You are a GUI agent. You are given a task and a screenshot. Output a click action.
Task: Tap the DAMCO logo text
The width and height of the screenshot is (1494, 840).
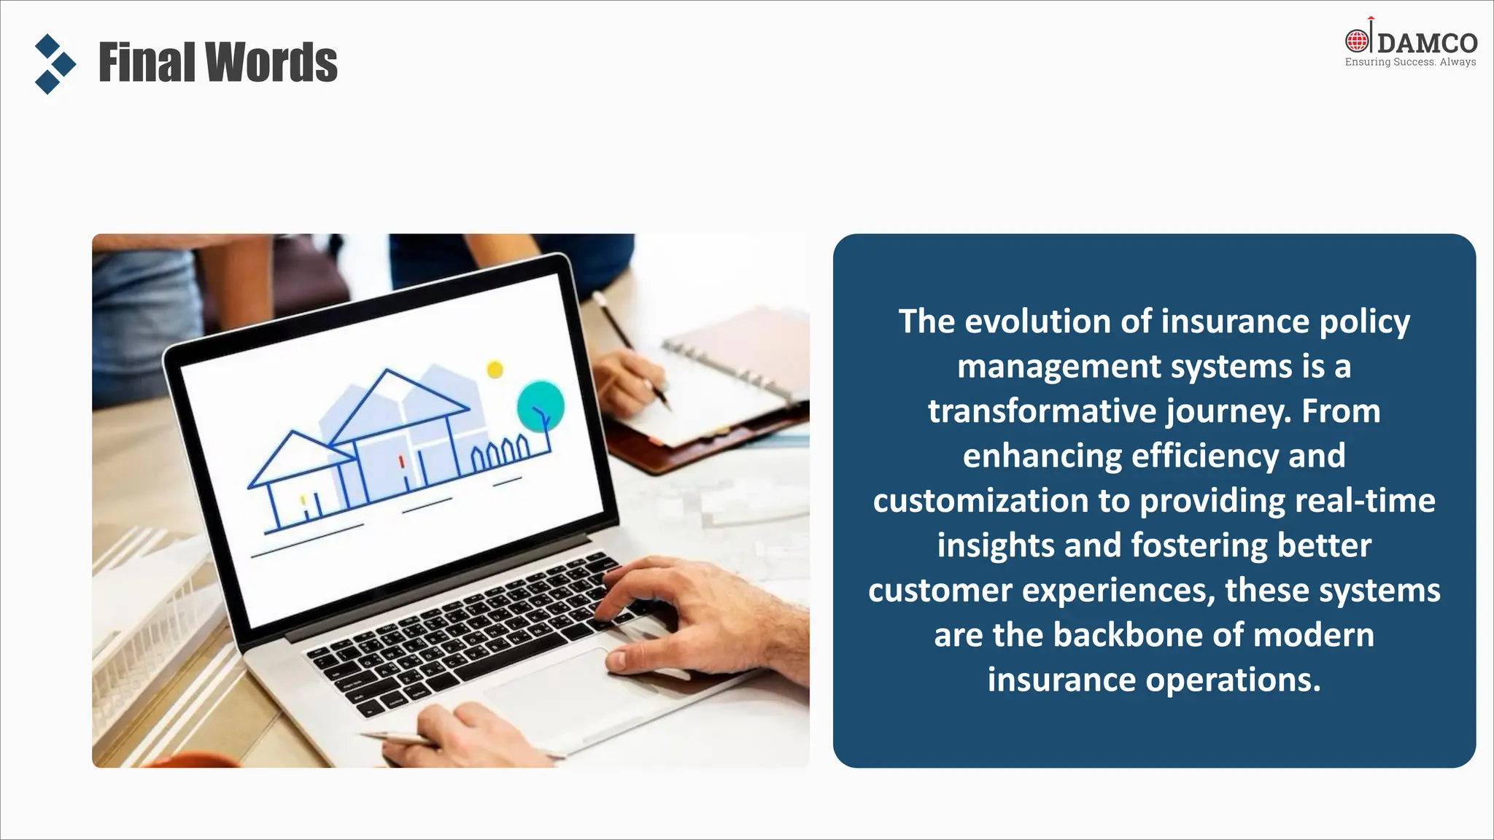click(x=1427, y=43)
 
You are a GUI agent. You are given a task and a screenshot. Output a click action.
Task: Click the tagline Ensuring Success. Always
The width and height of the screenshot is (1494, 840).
click(x=1409, y=63)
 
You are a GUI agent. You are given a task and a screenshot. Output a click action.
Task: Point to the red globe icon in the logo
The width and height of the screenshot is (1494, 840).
click(x=1357, y=41)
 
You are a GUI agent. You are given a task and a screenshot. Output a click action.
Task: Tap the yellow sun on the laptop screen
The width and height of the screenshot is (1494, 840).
click(x=495, y=370)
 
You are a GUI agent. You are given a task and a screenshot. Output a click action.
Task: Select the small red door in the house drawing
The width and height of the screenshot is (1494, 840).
click(x=402, y=462)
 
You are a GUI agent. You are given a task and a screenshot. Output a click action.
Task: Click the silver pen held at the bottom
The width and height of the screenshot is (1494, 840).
click(x=398, y=738)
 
